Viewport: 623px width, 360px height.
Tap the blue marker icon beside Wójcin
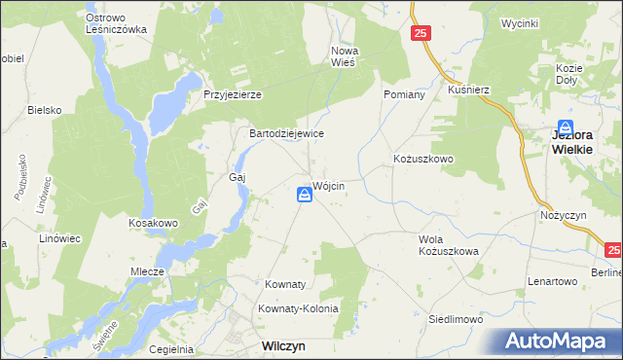tap(305, 197)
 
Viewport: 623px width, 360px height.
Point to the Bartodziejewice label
tap(287, 133)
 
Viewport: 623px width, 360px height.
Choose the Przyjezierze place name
tap(233, 94)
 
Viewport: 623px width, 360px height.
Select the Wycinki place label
tap(520, 22)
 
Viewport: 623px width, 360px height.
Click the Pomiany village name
tap(405, 94)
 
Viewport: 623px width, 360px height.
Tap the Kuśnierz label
tap(468, 89)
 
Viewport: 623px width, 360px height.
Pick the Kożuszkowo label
tap(423, 158)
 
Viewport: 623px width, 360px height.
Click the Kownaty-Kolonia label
tap(298, 308)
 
